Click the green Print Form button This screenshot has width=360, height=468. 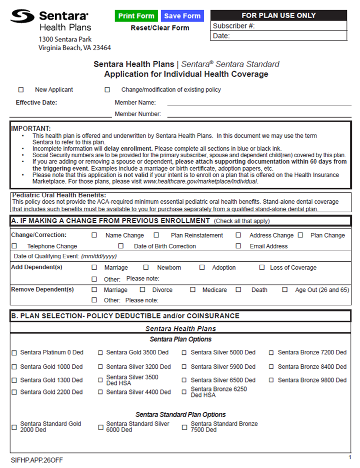pos(136,16)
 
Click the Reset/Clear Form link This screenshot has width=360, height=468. pos(159,28)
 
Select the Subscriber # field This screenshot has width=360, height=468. pos(300,26)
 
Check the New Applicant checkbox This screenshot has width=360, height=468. pos(21,90)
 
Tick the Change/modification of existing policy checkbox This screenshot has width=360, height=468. pos(107,90)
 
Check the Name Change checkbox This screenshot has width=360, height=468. pos(94,235)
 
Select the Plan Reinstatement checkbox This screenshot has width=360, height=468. pos(156,235)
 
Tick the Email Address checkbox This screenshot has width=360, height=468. pos(238,246)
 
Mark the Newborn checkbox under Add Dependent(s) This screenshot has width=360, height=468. pos(146,268)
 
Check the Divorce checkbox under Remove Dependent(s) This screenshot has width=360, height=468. pos(142,290)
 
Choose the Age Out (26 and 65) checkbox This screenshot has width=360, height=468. pos(285,290)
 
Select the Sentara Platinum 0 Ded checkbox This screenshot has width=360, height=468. pos(14,353)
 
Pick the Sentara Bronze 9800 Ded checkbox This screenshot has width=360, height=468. pos(272,380)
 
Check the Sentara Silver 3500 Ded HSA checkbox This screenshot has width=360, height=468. pos(100,380)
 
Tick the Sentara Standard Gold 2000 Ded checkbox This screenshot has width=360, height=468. pos(14,427)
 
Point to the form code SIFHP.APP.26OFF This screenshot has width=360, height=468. pos(37,459)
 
